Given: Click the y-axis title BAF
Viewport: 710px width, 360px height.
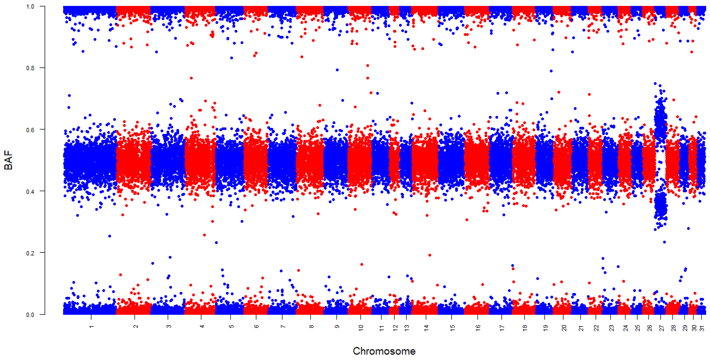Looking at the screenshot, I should point(8,160).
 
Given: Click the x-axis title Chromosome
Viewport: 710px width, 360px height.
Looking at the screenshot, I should point(384,351).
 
